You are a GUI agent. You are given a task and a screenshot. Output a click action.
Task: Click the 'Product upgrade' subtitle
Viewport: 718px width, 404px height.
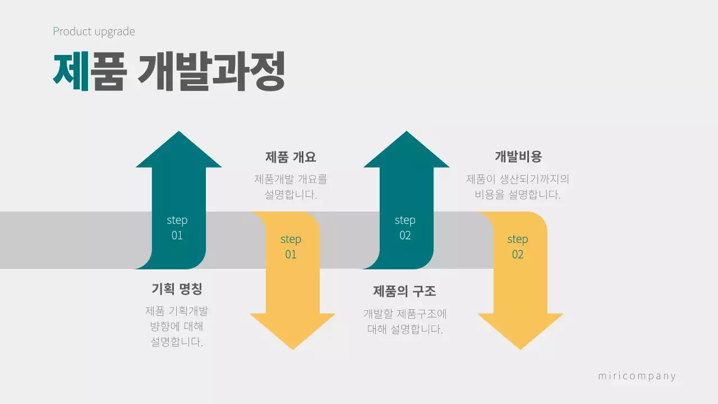94,31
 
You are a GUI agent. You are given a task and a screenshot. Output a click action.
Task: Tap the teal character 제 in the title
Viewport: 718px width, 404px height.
71,71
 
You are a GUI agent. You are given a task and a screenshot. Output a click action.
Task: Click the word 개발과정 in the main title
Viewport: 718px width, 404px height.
211,71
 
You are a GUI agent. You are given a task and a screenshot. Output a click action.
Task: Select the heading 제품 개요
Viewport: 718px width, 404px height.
291,157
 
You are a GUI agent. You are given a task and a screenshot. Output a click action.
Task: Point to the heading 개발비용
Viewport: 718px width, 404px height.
518,157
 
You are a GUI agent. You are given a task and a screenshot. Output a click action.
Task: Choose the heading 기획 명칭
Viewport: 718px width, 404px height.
177,289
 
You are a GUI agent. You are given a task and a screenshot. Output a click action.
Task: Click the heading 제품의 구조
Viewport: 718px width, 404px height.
404,291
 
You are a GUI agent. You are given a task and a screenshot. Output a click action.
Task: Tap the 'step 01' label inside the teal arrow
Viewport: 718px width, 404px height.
177,227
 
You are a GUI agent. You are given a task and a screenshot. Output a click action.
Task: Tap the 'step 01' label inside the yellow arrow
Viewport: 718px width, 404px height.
291,247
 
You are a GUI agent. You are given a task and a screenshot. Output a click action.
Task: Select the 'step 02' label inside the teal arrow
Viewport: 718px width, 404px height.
405,227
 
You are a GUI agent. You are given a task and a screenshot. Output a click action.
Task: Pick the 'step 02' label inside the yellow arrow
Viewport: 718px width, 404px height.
518,247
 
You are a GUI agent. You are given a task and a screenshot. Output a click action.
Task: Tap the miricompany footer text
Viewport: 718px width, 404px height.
637,376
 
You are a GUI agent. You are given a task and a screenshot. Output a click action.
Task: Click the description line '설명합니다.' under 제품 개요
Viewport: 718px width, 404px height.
291,195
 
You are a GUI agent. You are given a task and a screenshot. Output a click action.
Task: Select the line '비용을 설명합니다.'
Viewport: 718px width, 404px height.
518,195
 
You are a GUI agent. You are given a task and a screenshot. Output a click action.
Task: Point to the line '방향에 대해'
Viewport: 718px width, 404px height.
177,327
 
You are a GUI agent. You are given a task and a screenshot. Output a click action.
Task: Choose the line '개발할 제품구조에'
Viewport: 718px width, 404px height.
405,314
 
